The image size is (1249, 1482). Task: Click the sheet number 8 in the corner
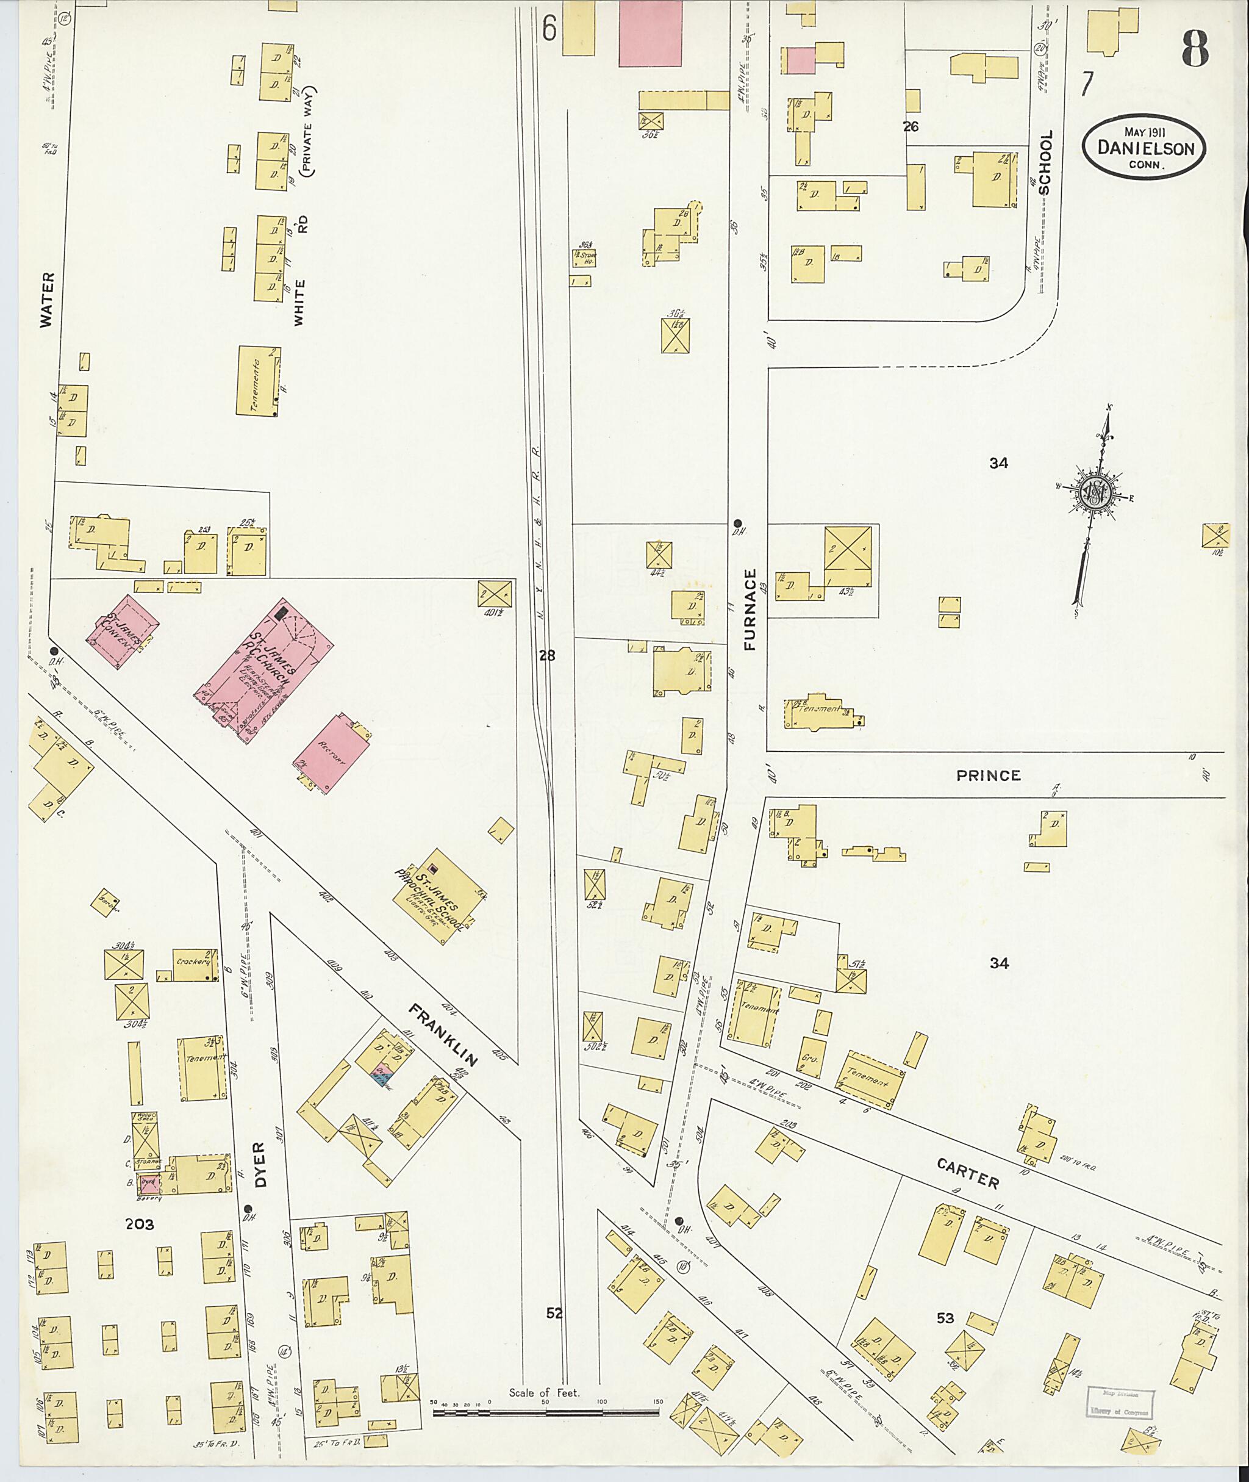[x=1195, y=51]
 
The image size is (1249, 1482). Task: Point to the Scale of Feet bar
[x=545, y=1412]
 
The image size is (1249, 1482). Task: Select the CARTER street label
[x=968, y=1173]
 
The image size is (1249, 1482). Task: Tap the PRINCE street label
[x=989, y=775]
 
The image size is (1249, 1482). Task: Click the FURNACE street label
[x=751, y=610]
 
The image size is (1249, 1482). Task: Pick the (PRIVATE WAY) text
[x=308, y=131]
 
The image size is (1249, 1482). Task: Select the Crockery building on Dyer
[x=195, y=963]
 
